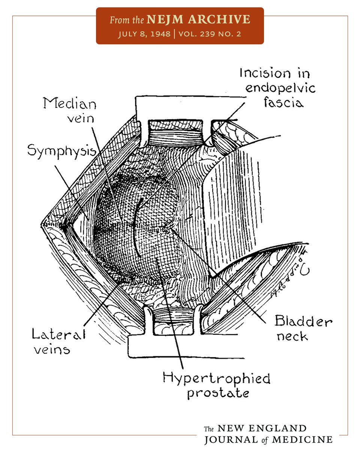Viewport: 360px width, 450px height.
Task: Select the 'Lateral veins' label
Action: [x=58, y=341]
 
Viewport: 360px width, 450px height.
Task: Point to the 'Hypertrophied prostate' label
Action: [x=216, y=385]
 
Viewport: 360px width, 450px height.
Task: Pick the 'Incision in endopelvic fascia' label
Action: [x=277, y=87]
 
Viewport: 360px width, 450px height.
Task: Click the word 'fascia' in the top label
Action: [x=283, y=102]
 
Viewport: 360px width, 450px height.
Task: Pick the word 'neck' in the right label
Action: [x=292, y=336]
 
